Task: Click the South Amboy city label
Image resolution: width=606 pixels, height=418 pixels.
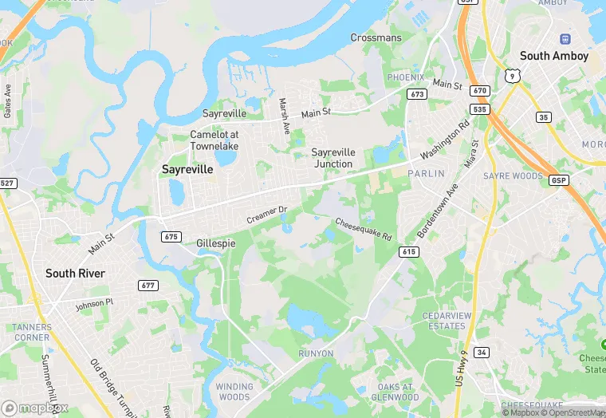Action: (553, 56)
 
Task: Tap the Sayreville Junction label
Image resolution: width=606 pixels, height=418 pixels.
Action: (333, 158)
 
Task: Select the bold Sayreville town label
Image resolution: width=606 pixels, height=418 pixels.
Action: (187, 169)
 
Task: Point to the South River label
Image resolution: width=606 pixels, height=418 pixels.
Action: (75, 273)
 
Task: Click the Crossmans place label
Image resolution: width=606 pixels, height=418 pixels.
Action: (376, 37)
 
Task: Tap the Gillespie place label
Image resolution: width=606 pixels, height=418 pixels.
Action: (215, 243)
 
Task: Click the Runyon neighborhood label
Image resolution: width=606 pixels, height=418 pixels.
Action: (316, 353)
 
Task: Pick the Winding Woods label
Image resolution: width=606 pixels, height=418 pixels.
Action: (234, 392)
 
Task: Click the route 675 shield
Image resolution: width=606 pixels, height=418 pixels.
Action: (171, 236)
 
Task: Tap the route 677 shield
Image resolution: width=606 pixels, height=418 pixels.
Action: (148, 286)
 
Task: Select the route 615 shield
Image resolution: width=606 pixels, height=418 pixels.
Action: (408, 251)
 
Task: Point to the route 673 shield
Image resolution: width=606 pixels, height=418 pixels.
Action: (415, 94)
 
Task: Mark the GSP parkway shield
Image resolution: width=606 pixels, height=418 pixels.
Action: (558, 180)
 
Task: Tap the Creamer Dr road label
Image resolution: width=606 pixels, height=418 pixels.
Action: (266, 215)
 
